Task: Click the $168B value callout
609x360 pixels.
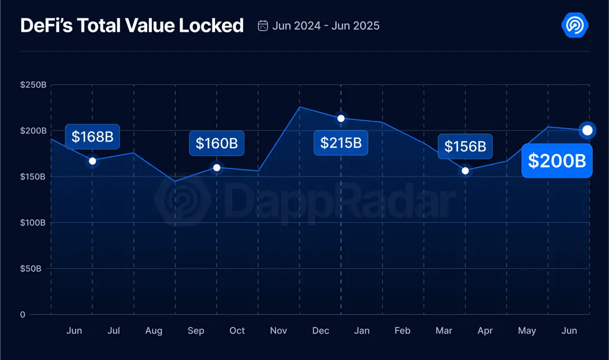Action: click(92, 137)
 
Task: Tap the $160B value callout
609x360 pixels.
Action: click(217, 143)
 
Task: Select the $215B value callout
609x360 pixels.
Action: click(341, 142)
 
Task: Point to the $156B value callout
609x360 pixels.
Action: click(465, 147)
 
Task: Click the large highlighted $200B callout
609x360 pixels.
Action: click(557, 161)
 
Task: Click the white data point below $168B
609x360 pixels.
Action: click(92, 161)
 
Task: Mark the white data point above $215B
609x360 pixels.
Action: click(341, 118)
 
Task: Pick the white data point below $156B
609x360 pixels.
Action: click(465, 171)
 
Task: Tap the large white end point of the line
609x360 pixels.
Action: click(587, 130)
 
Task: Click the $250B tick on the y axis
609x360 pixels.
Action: click(33, 85)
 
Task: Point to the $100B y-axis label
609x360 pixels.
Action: click(33, 223)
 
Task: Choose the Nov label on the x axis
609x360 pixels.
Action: click(279, 331)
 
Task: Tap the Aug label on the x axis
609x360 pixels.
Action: click(154, 331)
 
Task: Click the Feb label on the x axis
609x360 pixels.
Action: click(402, 331)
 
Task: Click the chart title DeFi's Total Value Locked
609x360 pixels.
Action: click(132, 26)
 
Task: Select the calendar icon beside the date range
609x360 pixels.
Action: click(263, 26)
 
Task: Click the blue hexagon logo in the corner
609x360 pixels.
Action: click(574, 25)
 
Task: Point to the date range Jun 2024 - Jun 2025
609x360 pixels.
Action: click(326, 26)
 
